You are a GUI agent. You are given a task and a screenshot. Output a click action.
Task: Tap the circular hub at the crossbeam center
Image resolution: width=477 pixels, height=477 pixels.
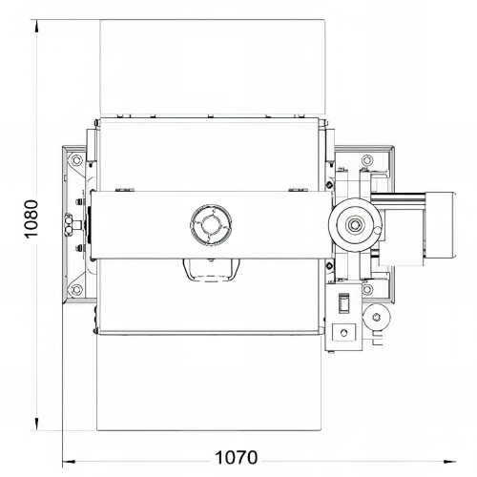(x=209, y=225)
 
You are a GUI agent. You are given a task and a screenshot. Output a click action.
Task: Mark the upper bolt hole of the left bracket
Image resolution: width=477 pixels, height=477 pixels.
(x=74, y=164)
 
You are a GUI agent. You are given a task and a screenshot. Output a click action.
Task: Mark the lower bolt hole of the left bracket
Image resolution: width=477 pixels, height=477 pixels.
(x=74, y=287)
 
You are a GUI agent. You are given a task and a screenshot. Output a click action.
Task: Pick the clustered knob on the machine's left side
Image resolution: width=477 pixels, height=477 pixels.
(x=66, y=226)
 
